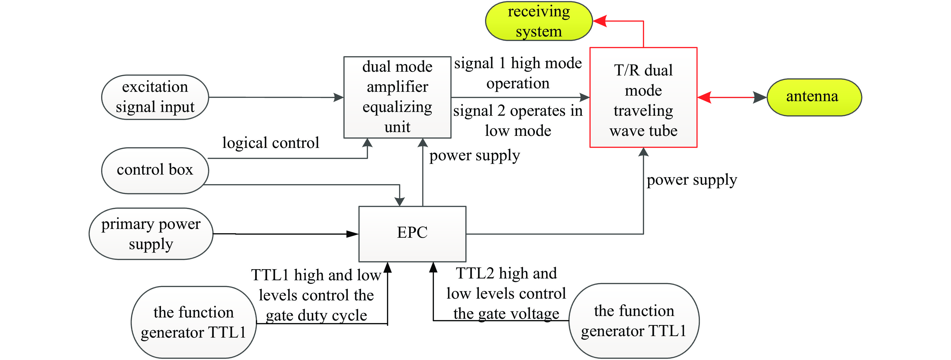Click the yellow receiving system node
[539, 21]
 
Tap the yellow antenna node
[814, 97]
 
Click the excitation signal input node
[155, 97]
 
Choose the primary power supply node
[151, 234]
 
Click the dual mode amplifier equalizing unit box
[397, 97]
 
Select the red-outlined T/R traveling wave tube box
[643, 97]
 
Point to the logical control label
[271, 143]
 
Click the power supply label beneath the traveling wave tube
[691, 180]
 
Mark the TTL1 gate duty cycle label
[316, 295]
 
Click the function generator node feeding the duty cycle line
[193, 322]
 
